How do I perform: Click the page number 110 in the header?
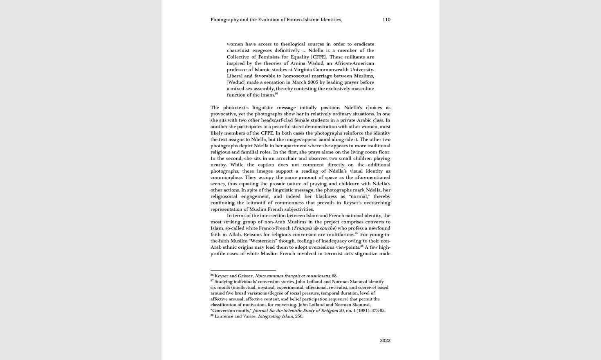tap(386, 20)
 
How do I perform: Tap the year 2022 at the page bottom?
tap(385, 340)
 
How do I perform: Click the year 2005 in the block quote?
tap(313, 82)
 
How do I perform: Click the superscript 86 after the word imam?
tap(276, 94)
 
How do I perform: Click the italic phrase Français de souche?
tap(314, 228)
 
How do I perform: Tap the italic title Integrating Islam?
tap(275, 316)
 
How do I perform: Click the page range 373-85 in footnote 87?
tap(377, 310)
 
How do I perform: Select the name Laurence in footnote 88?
tap(223, 316)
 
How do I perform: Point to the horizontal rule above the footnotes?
tap(243, 270)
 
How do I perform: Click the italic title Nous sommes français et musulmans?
tap(292, 276)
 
